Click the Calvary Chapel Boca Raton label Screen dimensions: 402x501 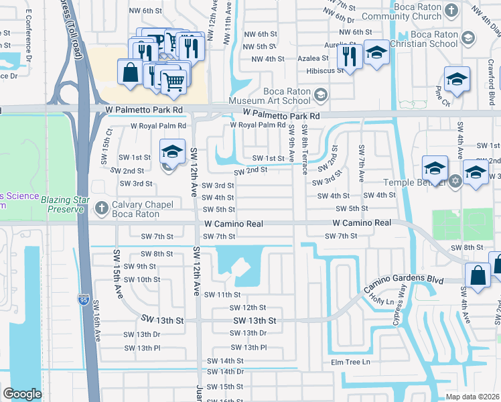click(136, 210)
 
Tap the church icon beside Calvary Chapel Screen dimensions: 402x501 click(101, 208)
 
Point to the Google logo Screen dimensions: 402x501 click(22, 393)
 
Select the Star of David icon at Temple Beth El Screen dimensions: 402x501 click(455, 181)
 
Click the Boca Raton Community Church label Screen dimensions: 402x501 click(409, 11)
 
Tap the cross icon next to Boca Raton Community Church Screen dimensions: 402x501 click(452, 10)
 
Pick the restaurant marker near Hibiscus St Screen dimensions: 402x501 click(349, 56)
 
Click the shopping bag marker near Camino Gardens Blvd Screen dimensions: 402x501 click(478, 275)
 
